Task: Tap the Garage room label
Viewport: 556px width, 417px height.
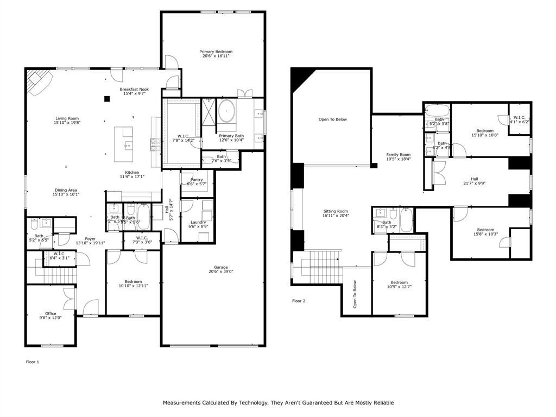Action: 220,269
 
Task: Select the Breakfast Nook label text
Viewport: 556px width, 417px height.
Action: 134,92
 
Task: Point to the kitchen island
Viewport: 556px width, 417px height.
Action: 127,143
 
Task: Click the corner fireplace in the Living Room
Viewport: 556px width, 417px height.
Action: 39,81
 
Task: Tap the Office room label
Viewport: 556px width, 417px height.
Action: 50,315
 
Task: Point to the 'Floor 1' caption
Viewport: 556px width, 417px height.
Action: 33,362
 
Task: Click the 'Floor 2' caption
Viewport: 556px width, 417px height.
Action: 299,301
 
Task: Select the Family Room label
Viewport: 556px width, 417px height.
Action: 399,157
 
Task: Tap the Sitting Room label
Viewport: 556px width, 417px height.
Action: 336,213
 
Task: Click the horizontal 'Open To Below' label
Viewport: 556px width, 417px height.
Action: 332,119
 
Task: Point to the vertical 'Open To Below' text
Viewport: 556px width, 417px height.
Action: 355,294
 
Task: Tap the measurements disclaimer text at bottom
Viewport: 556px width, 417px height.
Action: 278,403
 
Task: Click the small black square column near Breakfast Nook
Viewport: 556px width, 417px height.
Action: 108,98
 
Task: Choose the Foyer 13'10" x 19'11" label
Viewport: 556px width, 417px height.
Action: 90,241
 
